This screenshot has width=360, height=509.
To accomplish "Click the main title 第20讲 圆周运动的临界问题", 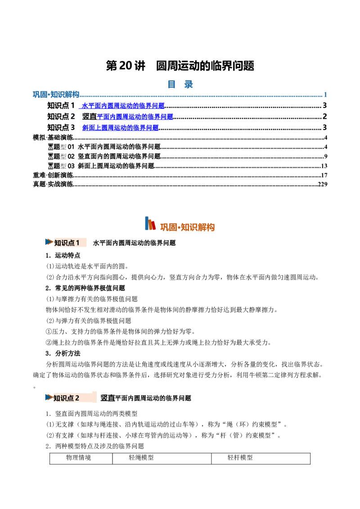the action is (180, 66).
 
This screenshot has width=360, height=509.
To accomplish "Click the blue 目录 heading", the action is (180, 85).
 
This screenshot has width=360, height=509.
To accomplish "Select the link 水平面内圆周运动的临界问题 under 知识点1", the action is (123, 106).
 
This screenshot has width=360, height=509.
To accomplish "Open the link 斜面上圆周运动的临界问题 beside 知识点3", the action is (120, 128).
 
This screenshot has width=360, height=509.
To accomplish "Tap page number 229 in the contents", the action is (322, 184).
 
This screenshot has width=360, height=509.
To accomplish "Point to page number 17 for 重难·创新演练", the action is (324, 175).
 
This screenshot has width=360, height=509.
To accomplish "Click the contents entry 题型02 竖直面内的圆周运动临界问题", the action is (104, 156).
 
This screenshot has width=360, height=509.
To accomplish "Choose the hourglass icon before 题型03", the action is (51, 166).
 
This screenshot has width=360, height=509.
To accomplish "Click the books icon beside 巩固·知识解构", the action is (150, 223).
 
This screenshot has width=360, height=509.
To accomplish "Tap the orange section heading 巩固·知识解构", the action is (188, 227).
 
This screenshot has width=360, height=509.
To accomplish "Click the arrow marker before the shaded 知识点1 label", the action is (49, 242).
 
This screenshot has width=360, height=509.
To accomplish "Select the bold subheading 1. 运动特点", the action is (63, 255).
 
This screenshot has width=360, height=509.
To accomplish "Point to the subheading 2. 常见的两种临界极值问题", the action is (85, 288).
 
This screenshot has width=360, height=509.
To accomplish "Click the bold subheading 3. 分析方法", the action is (63, 353).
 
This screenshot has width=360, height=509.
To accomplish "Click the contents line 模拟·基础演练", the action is (53, 138).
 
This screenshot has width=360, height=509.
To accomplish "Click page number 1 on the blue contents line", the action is (325, 95).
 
